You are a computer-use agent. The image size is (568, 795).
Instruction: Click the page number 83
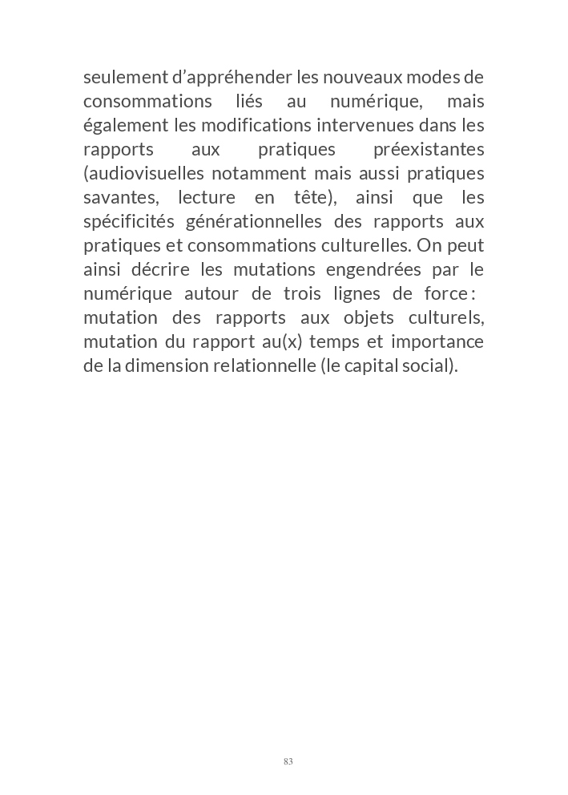288,761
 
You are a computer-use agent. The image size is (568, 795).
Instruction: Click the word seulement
120,78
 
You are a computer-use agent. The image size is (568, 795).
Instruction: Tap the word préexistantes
429,150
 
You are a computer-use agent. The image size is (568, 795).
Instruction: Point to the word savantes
119,198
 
